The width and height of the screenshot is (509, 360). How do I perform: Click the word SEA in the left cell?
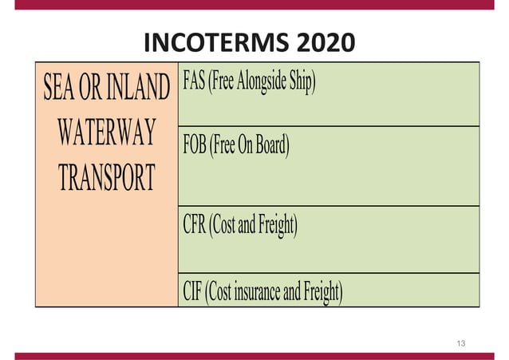pos(61,88)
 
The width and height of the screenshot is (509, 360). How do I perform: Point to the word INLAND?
pos(141,88)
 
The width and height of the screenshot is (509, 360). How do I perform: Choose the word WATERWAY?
pos(106,132)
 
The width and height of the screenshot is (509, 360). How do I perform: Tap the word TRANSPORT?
pos(106,176)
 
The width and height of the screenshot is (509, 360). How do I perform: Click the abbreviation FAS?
pos(194,82)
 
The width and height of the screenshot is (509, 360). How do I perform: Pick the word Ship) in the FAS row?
pos(304,82)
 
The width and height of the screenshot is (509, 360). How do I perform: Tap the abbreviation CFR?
pos(195,226)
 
